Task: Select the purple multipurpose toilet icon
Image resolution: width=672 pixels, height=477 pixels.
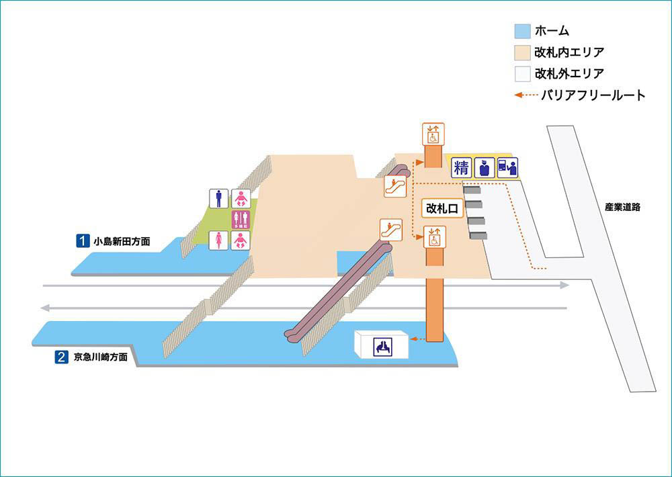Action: coord(241,220)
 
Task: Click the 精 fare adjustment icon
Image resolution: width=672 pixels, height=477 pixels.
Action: coord(461,167)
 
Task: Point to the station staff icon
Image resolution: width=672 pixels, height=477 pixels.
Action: coord(484,167)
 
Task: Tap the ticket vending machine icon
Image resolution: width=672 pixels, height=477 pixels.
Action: coord(507,167)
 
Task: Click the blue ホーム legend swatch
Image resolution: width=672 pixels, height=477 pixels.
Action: coord(519,31)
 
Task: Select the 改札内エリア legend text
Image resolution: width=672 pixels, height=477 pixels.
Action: coord(569,52)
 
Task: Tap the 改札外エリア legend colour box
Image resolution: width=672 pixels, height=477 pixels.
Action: coord(519,73)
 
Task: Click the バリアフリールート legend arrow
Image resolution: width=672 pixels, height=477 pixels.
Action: coord(526,95)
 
